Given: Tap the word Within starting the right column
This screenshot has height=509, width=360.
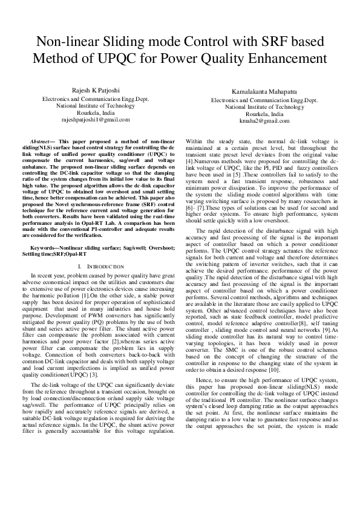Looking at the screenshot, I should tap(195, 140).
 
